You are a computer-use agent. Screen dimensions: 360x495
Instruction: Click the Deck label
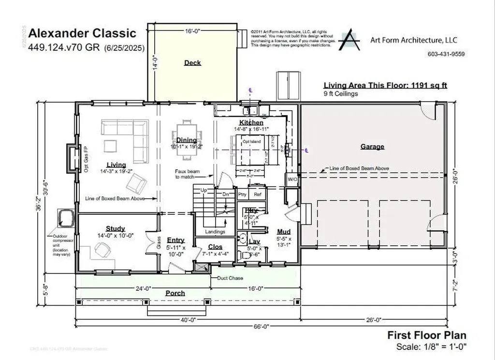click(x=192, y=62)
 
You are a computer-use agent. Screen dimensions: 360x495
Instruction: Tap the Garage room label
click(x=372, y=147)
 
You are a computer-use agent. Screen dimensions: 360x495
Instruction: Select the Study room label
click(x=115, y=228)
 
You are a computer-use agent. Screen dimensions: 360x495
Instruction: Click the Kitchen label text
click(x=251, y=123)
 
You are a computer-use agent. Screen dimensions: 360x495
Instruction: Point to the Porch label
click(x=175, y=293)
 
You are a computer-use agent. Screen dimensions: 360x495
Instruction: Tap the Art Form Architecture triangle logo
click(x=349, y=41)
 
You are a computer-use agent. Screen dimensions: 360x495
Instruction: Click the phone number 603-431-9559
click(x=446, y=54)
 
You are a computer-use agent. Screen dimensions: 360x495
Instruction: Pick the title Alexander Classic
click(x=82, y=33)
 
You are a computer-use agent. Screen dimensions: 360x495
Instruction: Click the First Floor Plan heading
click(x=426, y=335)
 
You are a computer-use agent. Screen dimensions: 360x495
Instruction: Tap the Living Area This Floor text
click(x=385, y=85)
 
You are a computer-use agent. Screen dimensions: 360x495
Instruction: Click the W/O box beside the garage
click(x=292, y=179)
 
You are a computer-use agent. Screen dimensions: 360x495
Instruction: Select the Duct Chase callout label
click(x=231, y=278)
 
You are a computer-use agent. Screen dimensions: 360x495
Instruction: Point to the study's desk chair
click(x=102, y=249)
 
